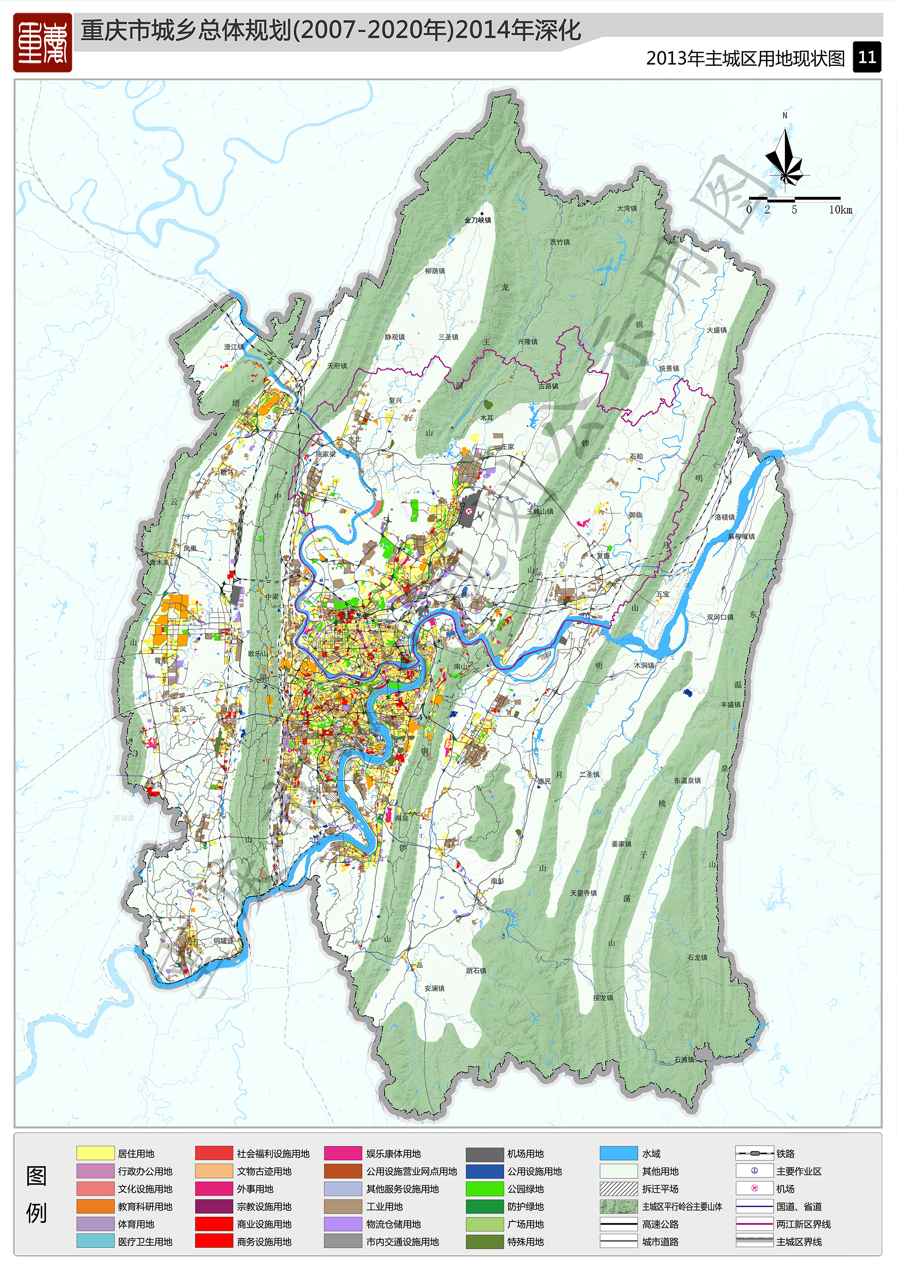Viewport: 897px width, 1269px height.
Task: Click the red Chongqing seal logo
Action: pyautogui.click(x=43, y=43)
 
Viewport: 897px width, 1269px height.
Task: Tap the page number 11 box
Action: pyautogui.click(x=866, y=57)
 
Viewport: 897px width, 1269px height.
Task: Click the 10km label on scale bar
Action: pyautogui.click(x=840, y=209)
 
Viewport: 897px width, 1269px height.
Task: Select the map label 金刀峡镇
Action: pyautogui.click(x=478, y=220)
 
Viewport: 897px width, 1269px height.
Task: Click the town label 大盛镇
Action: pyautogui.click(x=716, y=330)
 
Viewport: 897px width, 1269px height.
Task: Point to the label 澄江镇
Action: pyautogui.click(x=234, y=347)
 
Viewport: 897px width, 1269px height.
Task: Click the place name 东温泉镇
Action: pyautogui.click(x=687, y=781)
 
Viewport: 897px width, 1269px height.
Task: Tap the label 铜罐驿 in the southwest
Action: pyautogui.click(x=223, y=940)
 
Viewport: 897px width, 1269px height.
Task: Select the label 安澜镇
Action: pyautogui.click(x=435, y=988)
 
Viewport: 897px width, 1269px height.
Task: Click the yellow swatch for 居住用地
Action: pyautogui.click(x=95, y=1153)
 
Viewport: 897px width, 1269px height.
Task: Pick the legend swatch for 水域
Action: pyautogui.click(x=618, y=1153)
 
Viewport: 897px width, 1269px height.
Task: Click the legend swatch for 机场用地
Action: pyautogui.click(x=484, y=1153)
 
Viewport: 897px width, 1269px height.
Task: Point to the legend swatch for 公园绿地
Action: pyautogui.click(x=484, y=1189)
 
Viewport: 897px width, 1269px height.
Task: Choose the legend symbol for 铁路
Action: pyautogui.click(x=754, y=1153)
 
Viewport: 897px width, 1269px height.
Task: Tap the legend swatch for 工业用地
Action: pyautogui.click(x=343, y=1207)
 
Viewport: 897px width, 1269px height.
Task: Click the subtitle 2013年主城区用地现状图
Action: pyautogui.click(x=745, y=58)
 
